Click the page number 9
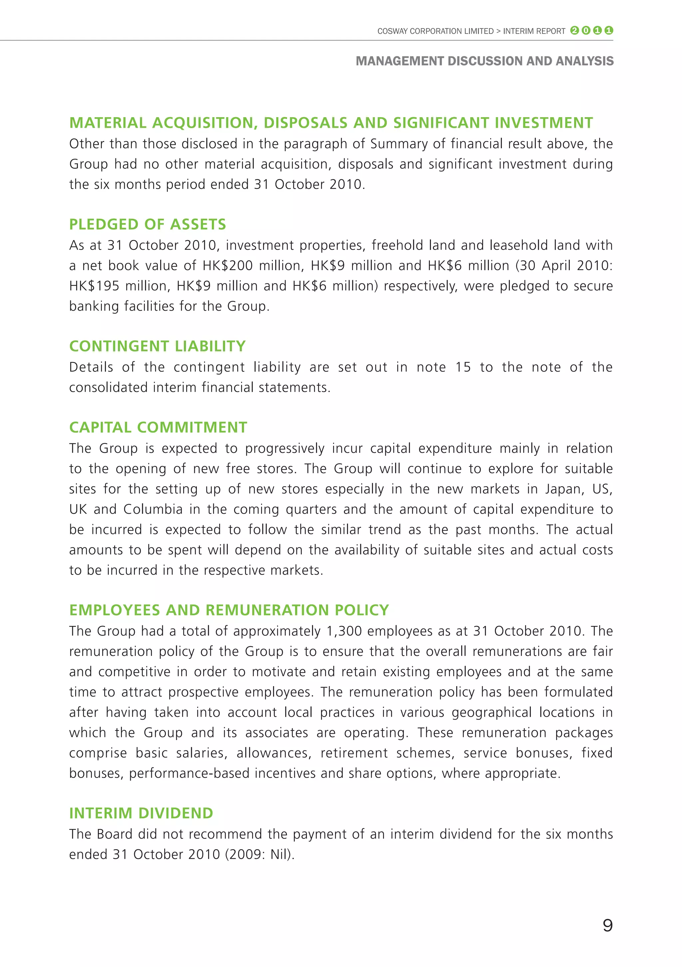(607, 925)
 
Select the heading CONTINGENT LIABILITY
(157, 346)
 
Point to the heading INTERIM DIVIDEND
(141, 813)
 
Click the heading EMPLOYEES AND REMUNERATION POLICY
(229, 610)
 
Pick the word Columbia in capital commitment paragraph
(153, 509)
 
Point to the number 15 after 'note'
(463, 367)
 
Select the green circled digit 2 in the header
(574, 30)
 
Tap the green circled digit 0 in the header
(586, 30)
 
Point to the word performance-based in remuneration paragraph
(189, 773)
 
